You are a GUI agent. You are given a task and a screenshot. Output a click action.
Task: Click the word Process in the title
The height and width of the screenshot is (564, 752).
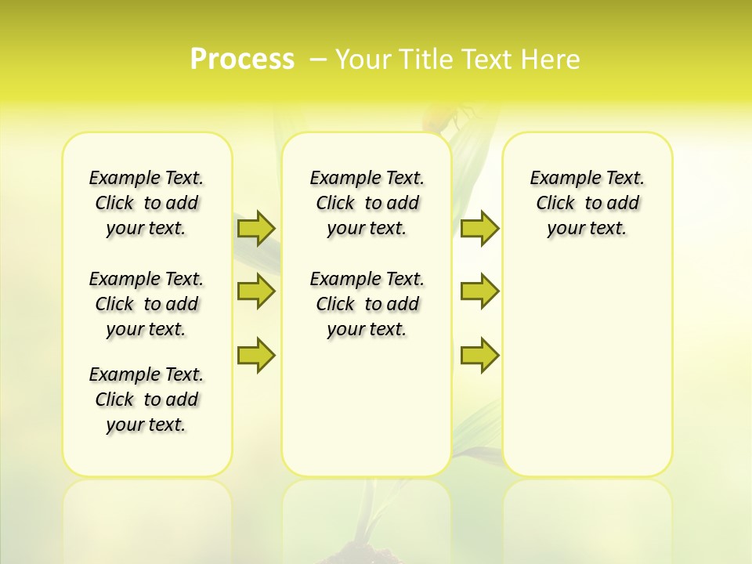[242, 60]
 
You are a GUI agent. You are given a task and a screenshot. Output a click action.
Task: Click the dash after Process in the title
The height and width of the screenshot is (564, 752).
[318, 60]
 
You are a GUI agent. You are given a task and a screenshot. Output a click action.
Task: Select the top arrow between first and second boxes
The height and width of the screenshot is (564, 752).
[256, 228]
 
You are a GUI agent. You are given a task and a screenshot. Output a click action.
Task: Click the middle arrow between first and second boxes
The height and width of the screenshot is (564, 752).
[256, 291]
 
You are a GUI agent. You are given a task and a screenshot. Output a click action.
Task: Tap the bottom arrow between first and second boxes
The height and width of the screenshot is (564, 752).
[256, 356]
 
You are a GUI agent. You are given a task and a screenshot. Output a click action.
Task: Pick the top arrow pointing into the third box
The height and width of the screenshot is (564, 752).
[479, 228]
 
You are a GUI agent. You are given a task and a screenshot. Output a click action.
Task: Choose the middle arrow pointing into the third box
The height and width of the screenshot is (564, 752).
[479, 291]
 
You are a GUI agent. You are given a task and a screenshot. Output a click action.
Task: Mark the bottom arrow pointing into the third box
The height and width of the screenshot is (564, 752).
[479, 356]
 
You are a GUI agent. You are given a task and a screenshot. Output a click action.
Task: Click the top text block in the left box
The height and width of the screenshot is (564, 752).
[146, 203]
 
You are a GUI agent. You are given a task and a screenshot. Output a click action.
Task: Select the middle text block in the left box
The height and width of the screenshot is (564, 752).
[146, 304]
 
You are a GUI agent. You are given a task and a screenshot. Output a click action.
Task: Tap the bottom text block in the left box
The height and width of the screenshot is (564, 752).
[146, 399]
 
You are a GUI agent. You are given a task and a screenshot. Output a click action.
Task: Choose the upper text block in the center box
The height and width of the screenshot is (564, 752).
[367, 203]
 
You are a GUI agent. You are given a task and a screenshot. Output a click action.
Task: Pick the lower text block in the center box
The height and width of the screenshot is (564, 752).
[367, 304]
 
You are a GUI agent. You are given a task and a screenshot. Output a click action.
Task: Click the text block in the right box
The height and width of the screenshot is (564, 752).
[587, 203]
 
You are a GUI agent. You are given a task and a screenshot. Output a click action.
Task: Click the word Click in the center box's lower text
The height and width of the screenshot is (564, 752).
[335, 304]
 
